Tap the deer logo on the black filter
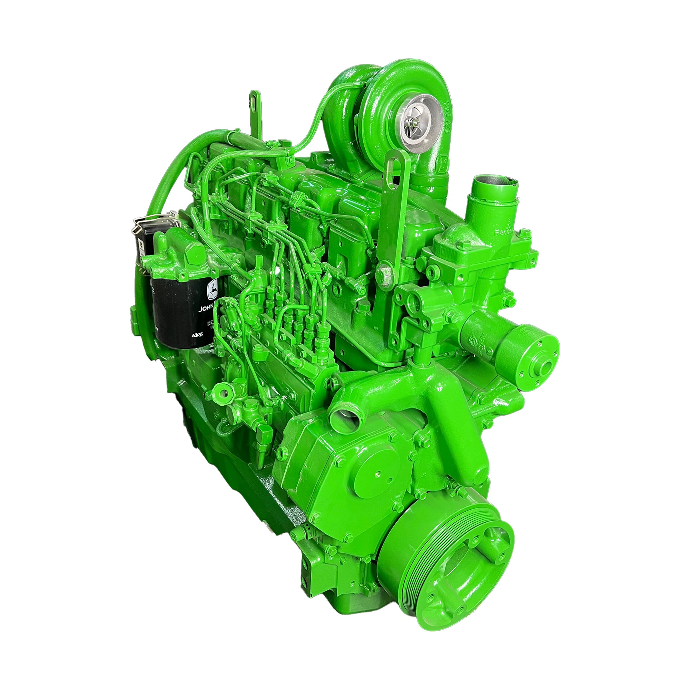coord(214,290)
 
